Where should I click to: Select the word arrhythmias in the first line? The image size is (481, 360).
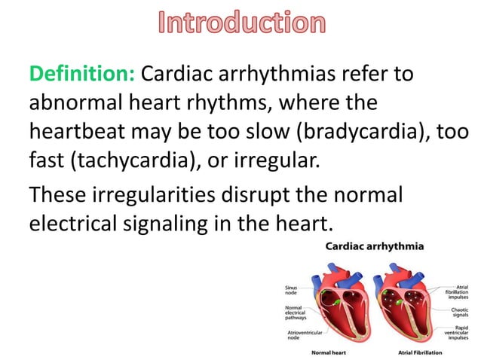279,75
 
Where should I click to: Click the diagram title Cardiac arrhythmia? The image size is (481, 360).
374,246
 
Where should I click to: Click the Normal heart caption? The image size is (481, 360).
328,352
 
